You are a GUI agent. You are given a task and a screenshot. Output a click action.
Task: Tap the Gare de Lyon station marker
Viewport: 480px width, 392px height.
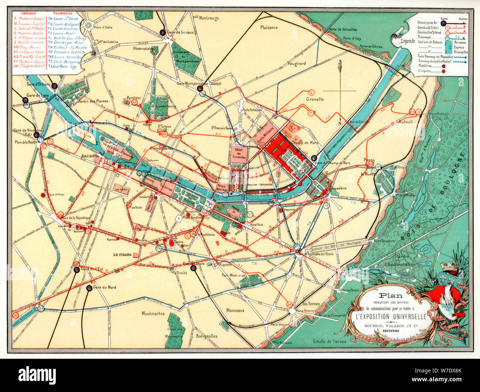pos(25,100)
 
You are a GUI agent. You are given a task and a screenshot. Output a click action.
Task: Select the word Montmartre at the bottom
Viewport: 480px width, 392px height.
pos(153,314)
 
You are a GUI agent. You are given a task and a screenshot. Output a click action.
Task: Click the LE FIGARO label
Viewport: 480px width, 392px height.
pos(123,255)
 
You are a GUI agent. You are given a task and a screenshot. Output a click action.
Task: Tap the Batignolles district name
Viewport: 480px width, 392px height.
pos(207,336)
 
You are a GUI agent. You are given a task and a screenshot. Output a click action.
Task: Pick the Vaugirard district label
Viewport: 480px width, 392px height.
pos(297,64)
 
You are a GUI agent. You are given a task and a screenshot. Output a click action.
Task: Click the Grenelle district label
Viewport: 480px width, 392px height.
pos(315,99)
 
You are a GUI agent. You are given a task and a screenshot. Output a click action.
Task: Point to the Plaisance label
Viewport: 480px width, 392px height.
pos(269,27)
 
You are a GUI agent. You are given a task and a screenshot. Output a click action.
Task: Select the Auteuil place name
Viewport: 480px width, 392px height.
pos(405,122)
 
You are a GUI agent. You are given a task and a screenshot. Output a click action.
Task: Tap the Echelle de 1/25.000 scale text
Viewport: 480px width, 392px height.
pos(329,341)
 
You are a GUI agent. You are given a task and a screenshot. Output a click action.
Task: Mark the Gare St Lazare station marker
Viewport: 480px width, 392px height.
pos(193,268)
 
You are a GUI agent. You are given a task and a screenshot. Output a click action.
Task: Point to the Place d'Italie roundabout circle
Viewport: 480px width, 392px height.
pos(88,25)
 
